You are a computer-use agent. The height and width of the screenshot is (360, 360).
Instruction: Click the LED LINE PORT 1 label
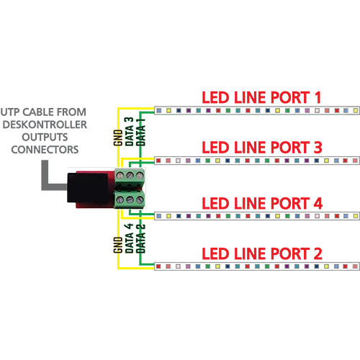point(261,97)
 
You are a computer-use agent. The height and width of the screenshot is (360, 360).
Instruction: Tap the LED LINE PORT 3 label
point(262,148)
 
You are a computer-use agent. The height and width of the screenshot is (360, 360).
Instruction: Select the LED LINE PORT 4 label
point(262,204)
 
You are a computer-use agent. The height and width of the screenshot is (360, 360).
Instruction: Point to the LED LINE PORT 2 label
point(262,253)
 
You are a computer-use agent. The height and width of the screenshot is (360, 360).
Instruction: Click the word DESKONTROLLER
point(45,125)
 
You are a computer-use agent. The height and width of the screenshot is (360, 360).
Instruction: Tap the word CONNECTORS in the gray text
point(45,150)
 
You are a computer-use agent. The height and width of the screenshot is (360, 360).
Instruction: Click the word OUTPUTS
point(45,137)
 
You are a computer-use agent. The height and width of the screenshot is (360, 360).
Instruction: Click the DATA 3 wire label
point(130,132)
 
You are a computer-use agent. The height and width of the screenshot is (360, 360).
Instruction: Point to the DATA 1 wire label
point(141,132)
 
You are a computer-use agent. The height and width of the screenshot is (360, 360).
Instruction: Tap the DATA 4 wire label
point(130,238)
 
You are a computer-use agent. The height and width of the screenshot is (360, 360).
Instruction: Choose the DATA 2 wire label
point(141,238)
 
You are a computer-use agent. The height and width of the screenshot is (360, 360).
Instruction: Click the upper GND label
point(118,138)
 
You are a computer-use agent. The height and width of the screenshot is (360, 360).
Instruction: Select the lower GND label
point(118,245)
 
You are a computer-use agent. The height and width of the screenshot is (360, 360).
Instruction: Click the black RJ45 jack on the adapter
point(87,188)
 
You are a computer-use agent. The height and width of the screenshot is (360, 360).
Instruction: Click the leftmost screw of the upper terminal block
point(120,176)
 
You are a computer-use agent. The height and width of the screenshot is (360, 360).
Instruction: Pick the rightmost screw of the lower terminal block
point(140,199)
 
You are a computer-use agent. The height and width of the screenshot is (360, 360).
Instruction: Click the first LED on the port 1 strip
point(158,111)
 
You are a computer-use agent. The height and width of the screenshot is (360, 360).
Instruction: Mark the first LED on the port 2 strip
point(158,266)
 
